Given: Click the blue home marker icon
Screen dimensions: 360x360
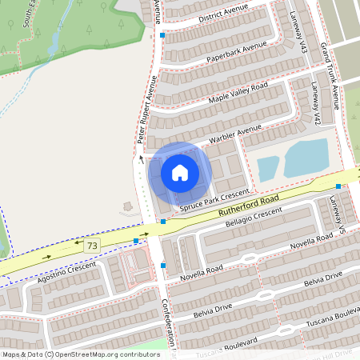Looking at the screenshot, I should point(180,172).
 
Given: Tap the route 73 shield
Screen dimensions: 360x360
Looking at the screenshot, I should point(93,246).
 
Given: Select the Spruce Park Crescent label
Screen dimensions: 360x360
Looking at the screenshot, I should point(214,198).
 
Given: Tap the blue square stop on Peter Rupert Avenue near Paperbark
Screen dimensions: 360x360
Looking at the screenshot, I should point(162,36).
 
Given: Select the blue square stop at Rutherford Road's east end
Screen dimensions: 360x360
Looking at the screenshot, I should point(339,186).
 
